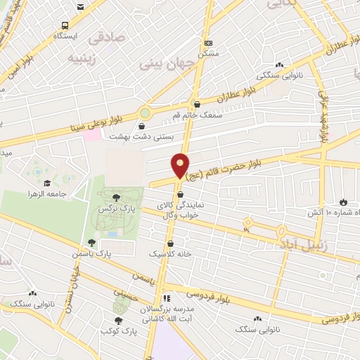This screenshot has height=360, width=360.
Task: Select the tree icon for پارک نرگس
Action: click(x=116, y=198)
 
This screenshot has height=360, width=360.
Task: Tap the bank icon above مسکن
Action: click(x=209, y=44)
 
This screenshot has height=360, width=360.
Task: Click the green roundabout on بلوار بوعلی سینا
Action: click(x=146, y=111)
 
